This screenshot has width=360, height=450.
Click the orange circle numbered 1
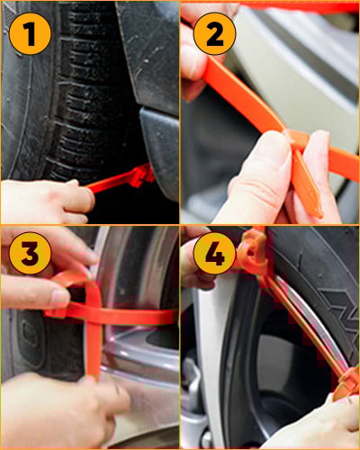coord(30,33)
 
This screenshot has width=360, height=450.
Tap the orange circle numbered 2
coord(215,33)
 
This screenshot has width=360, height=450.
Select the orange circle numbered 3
coord(30,253)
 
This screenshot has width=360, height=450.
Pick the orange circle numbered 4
coord(215,253)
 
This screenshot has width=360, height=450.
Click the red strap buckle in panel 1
coord(142,177)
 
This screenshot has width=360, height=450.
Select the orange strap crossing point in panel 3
coord(94,315)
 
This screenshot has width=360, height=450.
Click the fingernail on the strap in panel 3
coord(59,296)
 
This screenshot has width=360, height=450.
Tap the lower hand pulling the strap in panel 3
coord(60,411)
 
